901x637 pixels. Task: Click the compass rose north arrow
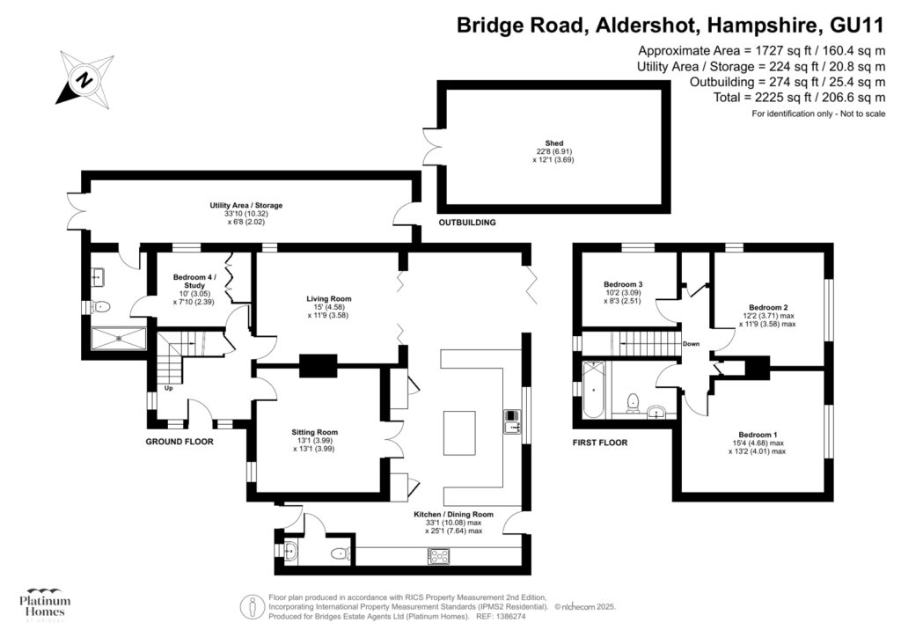click(x=85, y=78)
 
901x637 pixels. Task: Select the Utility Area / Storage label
click(x=245, y=213)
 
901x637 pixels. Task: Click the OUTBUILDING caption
click(x=467, y=223)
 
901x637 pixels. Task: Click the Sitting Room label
click(x=314, y=440)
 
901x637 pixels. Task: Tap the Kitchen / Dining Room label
click(x=453, y=522)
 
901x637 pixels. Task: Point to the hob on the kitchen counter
click(x=438, y=555)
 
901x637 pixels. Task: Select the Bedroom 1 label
click(x=758, y=443)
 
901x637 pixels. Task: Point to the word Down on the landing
click(x=691, y=344)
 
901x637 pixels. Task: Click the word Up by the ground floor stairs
click(x=167, y=388)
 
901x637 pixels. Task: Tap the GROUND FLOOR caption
click(x=179, y=443)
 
